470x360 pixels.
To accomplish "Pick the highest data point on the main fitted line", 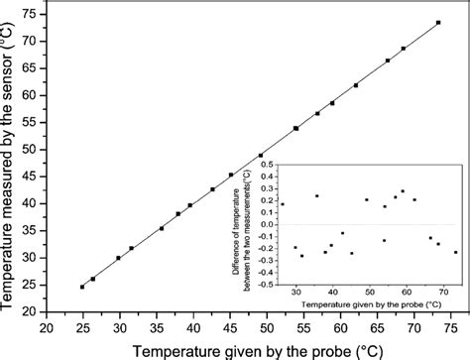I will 438,23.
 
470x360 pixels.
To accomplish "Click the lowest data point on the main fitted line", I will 82,287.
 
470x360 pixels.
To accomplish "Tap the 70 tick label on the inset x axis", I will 443,294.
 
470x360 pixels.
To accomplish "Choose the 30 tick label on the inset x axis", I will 295,294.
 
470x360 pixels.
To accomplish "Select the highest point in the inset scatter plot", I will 403,190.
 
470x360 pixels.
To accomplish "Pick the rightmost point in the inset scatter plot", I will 456,252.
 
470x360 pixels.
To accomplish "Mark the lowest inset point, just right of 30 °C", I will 302,256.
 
